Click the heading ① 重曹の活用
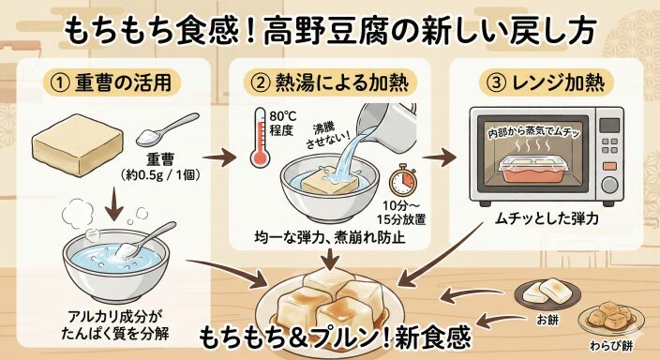112,82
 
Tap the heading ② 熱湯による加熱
330,82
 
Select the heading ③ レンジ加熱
546,82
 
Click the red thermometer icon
260,138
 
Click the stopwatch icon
403,181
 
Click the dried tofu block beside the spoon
79,144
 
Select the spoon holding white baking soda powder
167,129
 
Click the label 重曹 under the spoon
160,159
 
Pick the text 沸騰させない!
328,137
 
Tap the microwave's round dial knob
609,185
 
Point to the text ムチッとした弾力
546,219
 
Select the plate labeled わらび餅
610,320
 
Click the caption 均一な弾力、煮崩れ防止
330,238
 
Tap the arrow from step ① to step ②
219,158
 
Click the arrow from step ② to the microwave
439,157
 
